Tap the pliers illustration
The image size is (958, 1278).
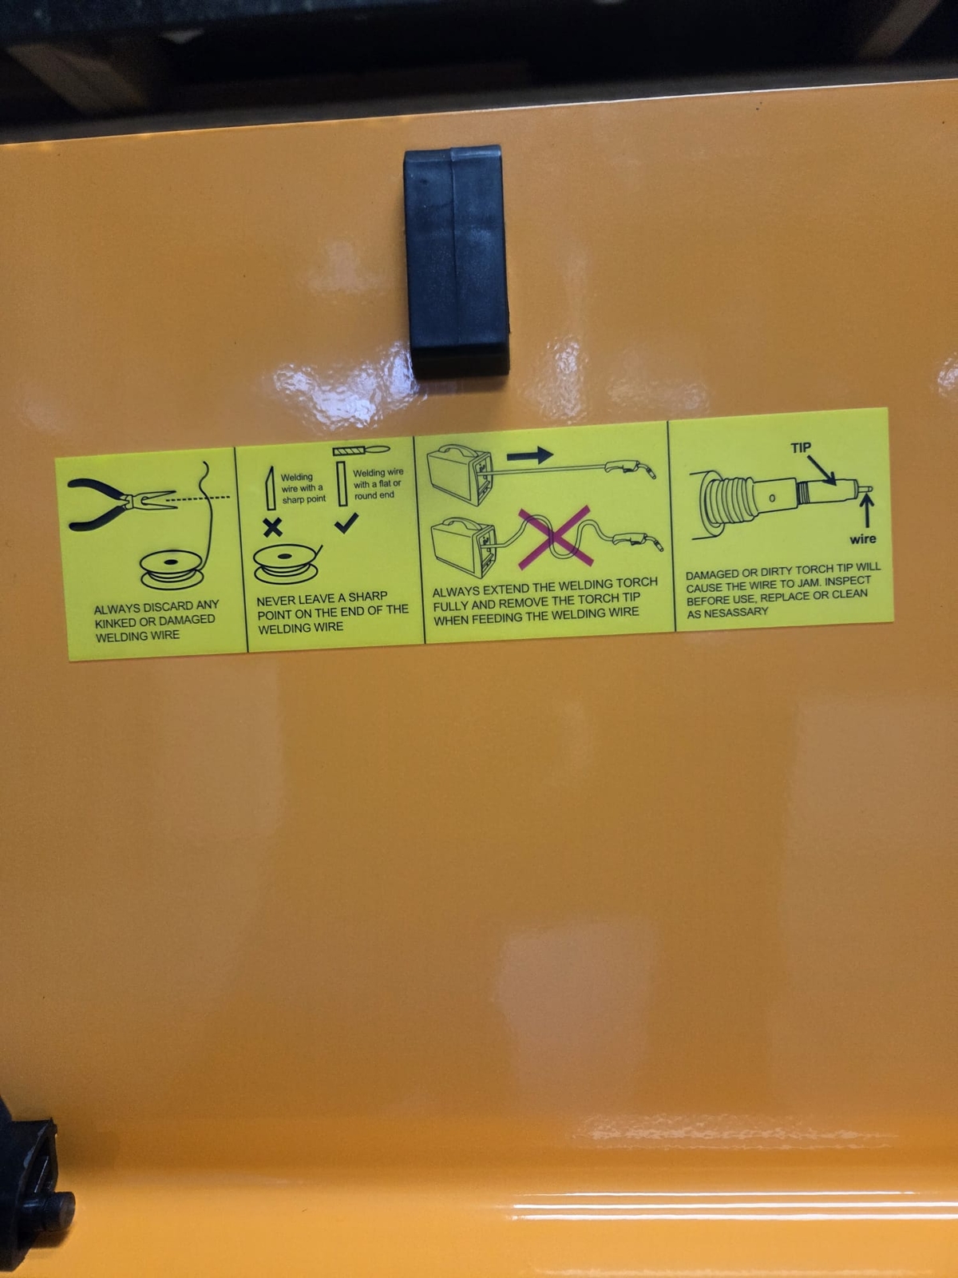[122, 504]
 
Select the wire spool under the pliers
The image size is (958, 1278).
[172, 570]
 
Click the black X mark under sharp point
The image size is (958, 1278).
[272, 527]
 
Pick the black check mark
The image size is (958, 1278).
[346, 522]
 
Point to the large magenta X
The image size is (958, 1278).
[556, 537]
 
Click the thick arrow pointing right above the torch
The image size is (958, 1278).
[529, 454]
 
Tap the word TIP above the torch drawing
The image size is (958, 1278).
[801, 448]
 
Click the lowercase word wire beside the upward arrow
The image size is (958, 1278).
[863, 539]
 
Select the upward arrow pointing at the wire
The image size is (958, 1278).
[867, 511]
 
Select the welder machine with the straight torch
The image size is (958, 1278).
[461, 474]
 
